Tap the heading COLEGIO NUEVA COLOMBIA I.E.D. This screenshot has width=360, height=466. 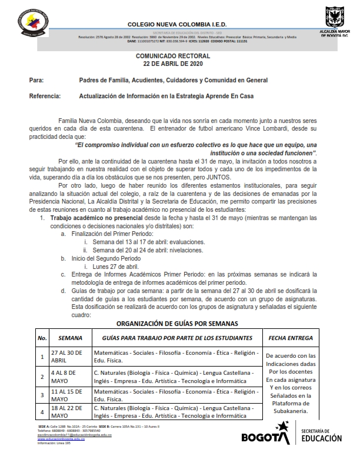[177, 25]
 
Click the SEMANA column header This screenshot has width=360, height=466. [70, 338]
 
